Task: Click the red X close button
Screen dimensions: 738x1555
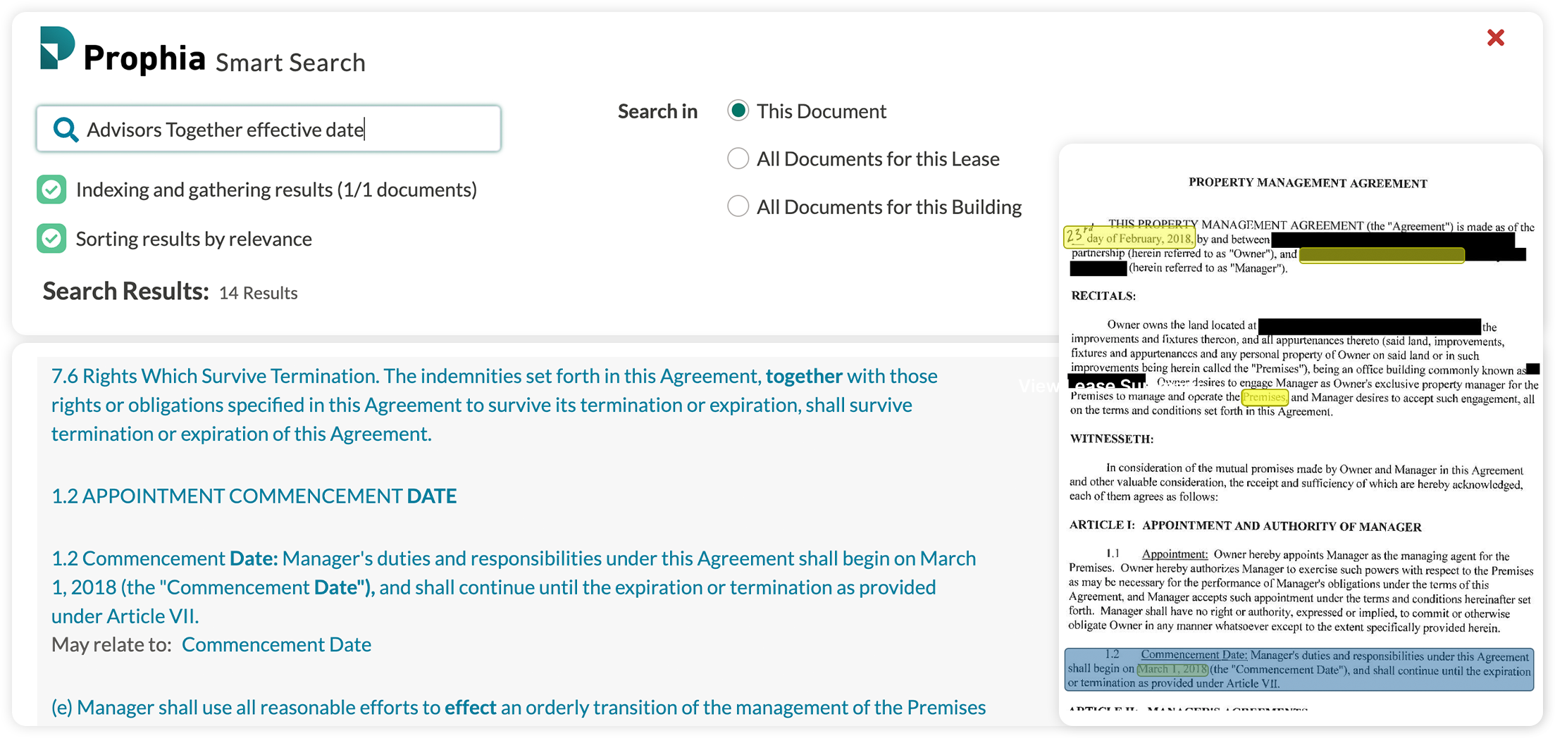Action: pos(1495,38)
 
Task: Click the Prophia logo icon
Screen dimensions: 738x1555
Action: pos(57,48)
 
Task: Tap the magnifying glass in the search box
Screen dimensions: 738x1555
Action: pos(66,130)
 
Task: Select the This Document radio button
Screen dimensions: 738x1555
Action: pos(738,111)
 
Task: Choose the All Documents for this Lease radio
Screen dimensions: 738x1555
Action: pos(738,158)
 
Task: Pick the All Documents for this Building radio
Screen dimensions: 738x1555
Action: pos(738,206)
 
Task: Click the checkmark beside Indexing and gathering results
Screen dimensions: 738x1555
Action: pos(51,189)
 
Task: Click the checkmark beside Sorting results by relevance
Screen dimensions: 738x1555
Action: pos(51,239)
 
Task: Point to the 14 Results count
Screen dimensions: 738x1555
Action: pos(258,293)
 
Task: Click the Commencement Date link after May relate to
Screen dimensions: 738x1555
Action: pos(276,644)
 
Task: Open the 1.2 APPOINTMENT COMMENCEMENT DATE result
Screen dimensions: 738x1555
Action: pos(254,496)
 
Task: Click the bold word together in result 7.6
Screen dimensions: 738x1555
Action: pos(803,376)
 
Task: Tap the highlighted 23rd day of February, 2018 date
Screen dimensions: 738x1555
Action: pos(1129,237)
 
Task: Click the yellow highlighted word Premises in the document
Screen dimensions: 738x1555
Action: pos(1264,397)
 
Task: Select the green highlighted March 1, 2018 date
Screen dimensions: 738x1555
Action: pos(1172,669)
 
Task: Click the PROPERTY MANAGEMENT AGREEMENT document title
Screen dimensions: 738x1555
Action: pos(1308,183)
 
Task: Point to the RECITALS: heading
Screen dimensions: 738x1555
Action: pos(1103,296)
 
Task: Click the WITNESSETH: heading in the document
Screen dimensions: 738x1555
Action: pos(1111,439)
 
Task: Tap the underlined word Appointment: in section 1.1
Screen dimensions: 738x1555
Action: pos(1175,554)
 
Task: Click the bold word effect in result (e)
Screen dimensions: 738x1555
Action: pos(470,707)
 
